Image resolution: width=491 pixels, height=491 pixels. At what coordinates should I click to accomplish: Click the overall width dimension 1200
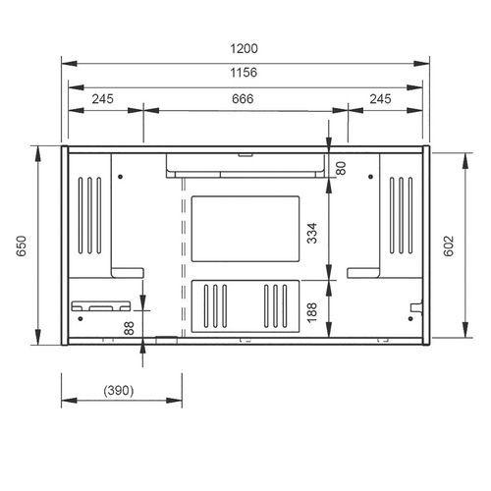[245, 48]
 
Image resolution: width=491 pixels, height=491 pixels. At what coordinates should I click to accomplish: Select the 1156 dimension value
[245, 72]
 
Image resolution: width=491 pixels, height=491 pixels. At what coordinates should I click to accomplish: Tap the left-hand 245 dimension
[105, 98]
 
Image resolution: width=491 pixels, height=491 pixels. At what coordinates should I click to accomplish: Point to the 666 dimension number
[245, 98]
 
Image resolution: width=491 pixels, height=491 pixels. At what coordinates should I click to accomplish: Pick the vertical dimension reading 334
[312, 233]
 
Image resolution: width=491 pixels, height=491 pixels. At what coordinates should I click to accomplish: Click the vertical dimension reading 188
[312, 311]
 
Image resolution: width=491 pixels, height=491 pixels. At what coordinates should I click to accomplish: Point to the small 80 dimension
[341, 167]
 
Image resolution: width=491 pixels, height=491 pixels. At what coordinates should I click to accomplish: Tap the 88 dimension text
[128, 328]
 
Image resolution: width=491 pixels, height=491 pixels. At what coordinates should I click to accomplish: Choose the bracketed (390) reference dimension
[119, 390]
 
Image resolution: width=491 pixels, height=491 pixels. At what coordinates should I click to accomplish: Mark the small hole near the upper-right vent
[370, 177]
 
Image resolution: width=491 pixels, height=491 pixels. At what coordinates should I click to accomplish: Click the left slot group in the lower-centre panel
[215, 303]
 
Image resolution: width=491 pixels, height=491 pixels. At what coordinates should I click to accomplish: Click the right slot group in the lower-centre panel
[276, 303]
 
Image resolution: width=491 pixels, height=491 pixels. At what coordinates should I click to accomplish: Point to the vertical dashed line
[184, 255]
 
